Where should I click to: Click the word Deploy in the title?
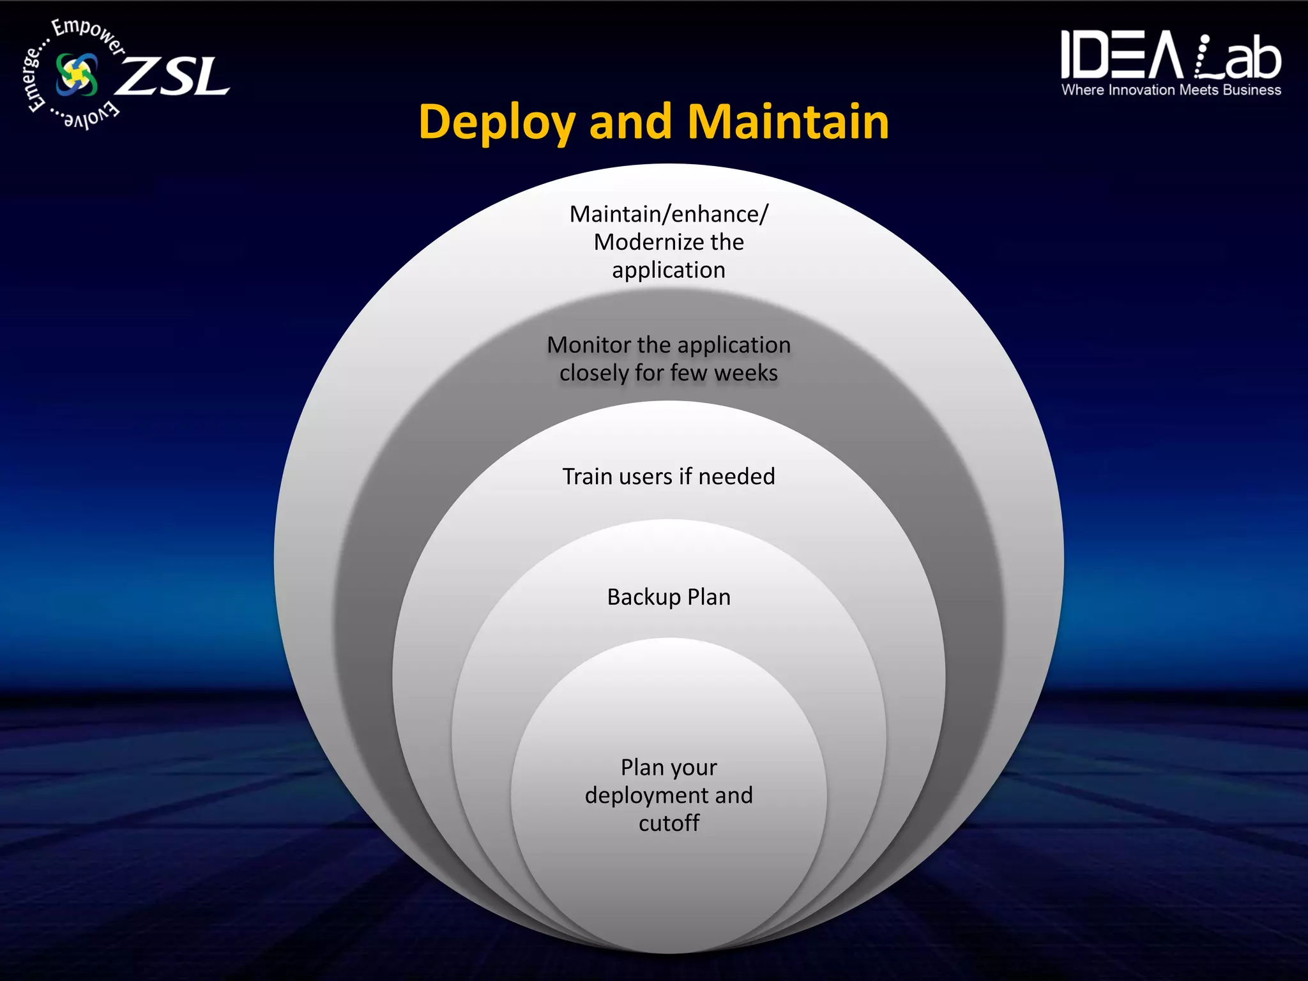496,123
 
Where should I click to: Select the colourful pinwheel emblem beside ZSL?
77,74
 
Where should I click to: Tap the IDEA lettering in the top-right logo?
1121,56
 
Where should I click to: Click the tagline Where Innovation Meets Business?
1171,90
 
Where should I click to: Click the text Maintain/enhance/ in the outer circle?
669,214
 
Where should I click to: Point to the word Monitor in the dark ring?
589,345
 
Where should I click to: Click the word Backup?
643,597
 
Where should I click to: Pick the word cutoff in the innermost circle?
669,823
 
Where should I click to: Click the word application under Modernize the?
669,270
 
